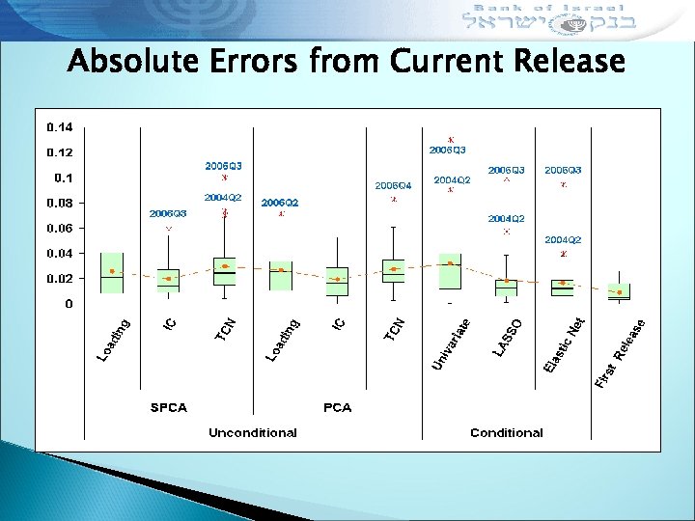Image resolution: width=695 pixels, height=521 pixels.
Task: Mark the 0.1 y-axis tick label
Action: (x=62, y=178)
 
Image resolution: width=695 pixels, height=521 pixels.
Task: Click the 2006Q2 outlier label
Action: (x=280, y=203)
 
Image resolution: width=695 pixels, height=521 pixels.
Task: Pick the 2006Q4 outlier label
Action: (x=393, y=184)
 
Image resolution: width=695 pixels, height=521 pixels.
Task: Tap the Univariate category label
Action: (x=451, y=343)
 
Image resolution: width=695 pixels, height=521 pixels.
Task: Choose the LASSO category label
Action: (x=508, y=336)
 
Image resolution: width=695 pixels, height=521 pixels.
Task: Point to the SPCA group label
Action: (x=168, y=407)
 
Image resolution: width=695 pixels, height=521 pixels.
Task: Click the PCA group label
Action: (x=337, y=407)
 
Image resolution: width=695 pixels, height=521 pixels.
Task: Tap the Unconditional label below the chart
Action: (x=253, y=432)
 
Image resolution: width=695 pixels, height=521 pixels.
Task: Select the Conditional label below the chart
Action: (x=507, y=432)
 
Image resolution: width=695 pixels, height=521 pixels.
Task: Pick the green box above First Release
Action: (x=619, y=291)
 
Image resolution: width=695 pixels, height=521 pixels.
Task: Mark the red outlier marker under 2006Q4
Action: (x=393, y=200)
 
